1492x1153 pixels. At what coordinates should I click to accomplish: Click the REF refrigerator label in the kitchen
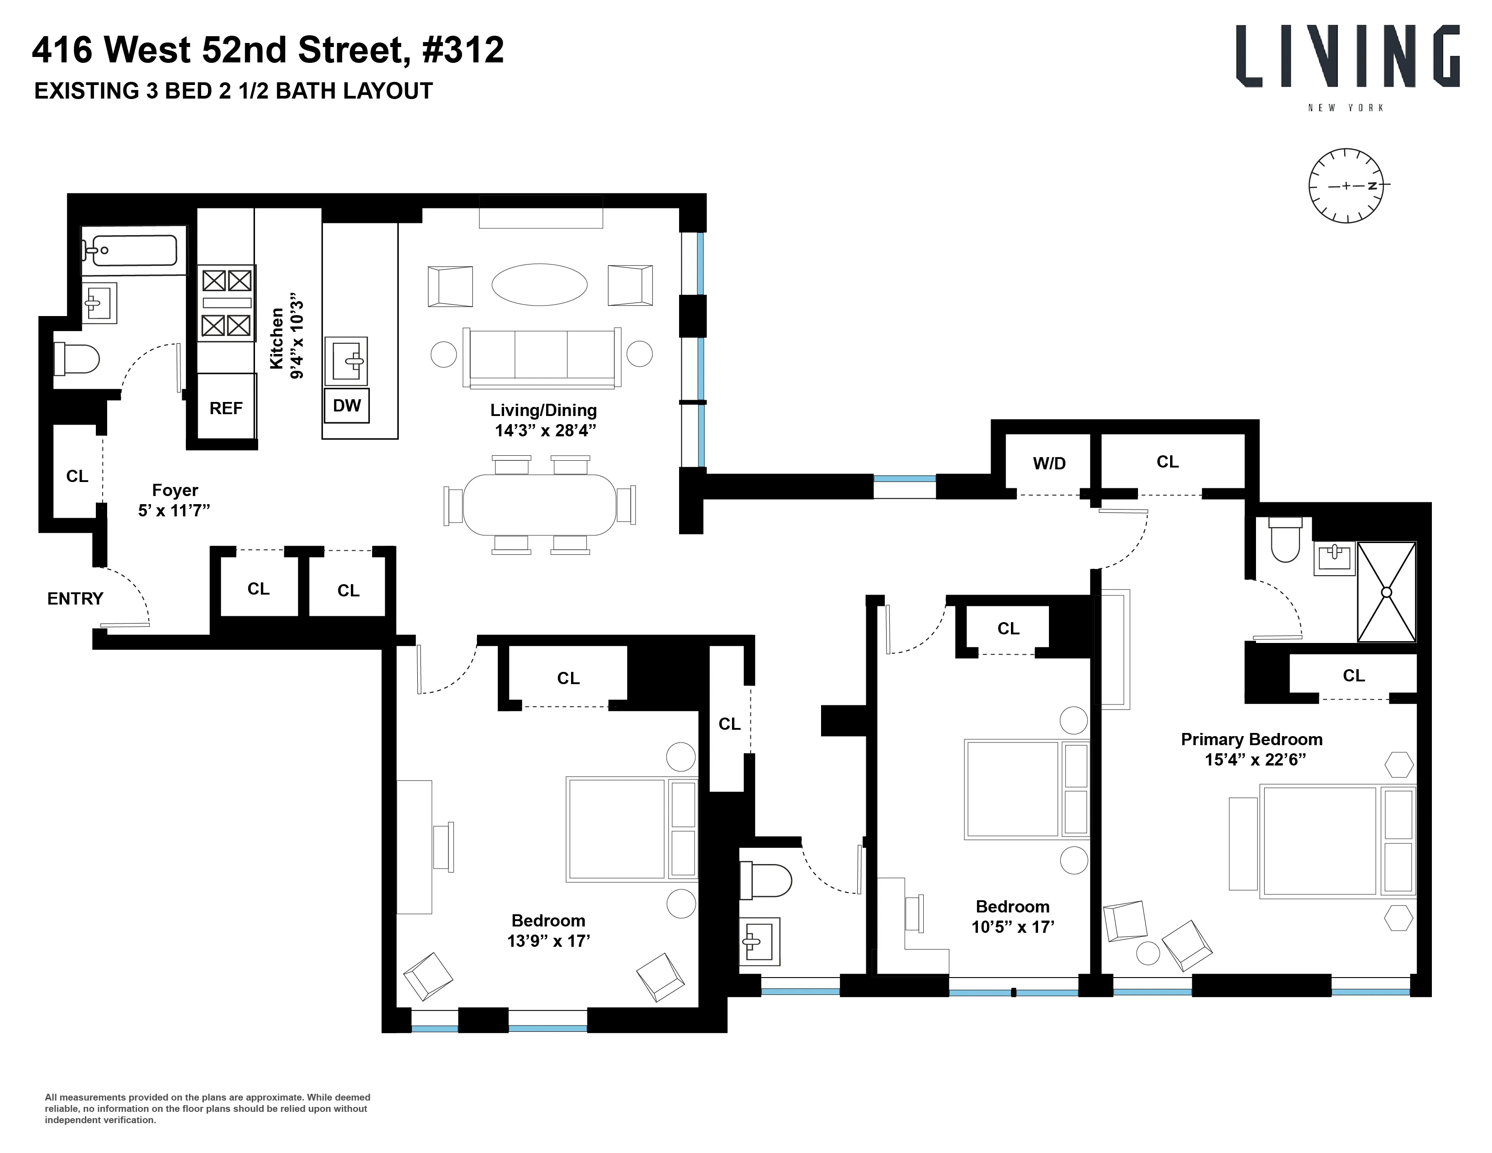[226, 408]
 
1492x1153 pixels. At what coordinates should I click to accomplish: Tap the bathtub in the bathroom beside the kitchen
[131, 250]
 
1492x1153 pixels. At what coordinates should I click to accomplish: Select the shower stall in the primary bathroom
[1386, 592]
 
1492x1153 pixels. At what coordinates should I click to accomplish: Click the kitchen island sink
[346, 360]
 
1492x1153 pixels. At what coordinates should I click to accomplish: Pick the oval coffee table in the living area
[539, 284]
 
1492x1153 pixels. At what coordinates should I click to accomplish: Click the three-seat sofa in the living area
[541, 357]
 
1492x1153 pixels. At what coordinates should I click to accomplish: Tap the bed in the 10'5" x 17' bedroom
[1025, 789]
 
